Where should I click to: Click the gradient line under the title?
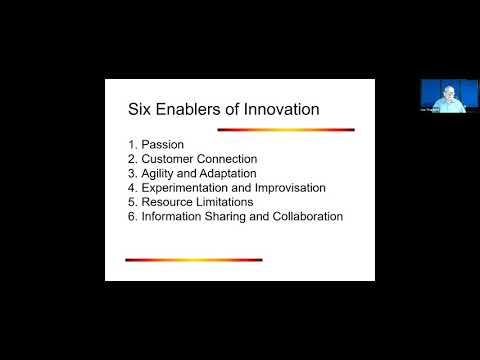[286, 129]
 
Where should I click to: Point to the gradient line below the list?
[193, 259]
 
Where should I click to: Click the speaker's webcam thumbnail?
[442, 97]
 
